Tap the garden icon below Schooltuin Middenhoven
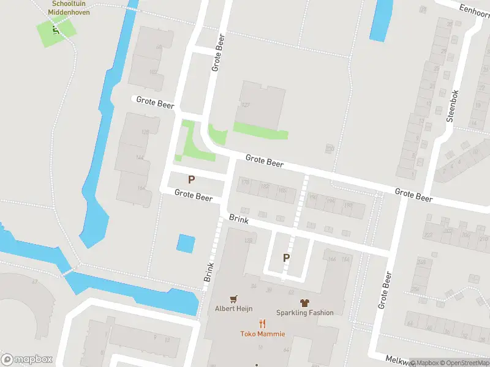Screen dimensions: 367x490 click(x=56, y=28)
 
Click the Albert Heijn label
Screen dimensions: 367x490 click(x=233, y=309)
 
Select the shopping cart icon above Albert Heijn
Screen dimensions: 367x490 click(x=233, y=299)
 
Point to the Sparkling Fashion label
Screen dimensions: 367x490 click(x=305, y=313)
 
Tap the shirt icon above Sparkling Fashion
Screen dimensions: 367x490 click(x=304, y=302)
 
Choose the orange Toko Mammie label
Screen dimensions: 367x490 click(x=263, y=333)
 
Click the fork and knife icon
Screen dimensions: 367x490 click(x=263, y=324)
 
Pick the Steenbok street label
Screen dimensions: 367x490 click(x=453, y=106)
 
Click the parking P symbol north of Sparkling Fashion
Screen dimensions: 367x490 click(x=286, y=258)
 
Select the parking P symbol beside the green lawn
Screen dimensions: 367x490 click(x=192, y=180)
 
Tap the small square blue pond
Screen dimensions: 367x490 click(x=186, y=243)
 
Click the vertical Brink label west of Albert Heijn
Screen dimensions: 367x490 click(x=208, y=272)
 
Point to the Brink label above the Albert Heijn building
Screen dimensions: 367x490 click(x=238, y=219)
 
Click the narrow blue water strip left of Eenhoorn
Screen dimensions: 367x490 click(x=380, y=20)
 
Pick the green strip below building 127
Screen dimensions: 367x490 click(x=260, y=130)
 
